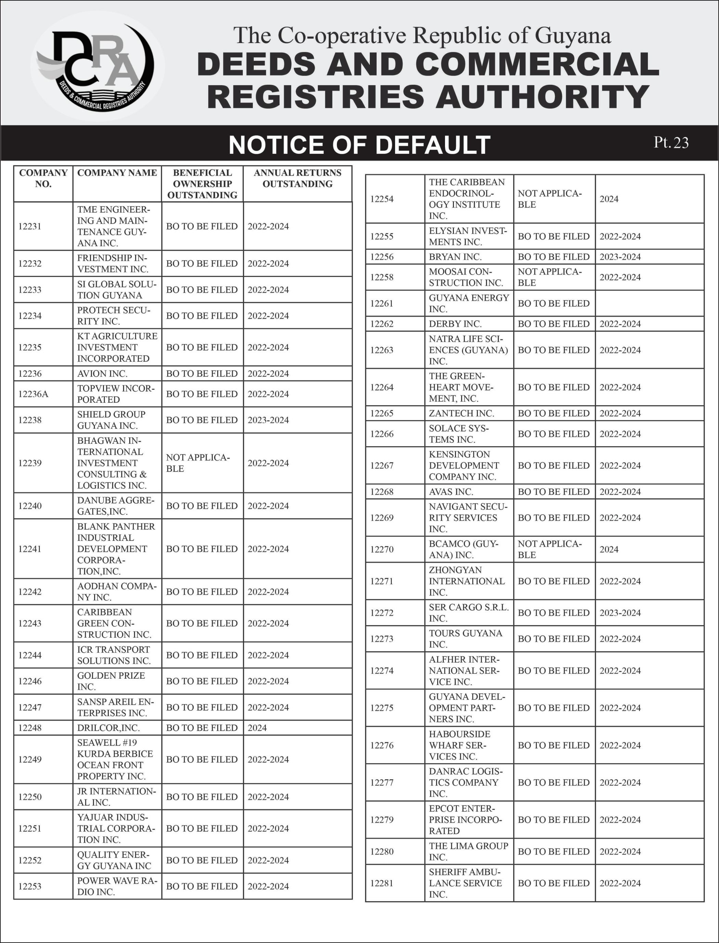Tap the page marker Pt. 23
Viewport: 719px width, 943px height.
(671, 143)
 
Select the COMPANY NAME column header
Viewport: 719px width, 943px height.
(117, 173)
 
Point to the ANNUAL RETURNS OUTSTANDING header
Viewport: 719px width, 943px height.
(298, 178)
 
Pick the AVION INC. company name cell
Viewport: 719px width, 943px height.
(102, 373)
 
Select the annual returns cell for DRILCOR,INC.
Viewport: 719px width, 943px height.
(257, 728)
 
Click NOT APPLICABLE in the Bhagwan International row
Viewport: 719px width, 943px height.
(198, 463)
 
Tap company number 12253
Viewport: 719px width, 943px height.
(30, 886)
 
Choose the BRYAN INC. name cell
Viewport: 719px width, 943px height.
(455, 257)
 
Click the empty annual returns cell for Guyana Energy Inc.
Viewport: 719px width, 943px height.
(649, 303)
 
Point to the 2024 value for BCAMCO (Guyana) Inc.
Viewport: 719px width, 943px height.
(609, 549)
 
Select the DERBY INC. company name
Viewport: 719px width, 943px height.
(455, 324)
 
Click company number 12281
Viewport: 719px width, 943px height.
(382, 883)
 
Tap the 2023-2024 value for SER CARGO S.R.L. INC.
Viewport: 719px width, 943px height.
(620, 613)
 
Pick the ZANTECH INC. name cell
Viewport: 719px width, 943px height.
(461, 413)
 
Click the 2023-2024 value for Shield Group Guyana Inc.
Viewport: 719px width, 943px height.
(268, 420)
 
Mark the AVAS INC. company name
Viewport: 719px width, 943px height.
(451, 492)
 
